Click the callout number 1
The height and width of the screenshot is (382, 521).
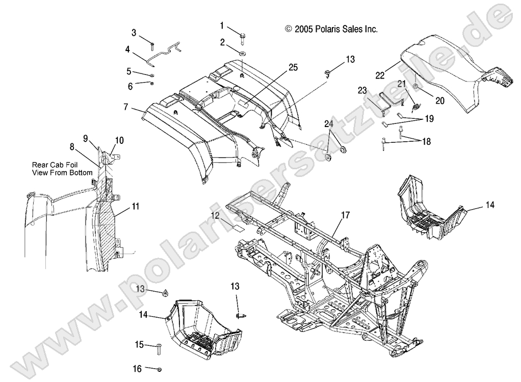pyautogui.click(x=222, y=25)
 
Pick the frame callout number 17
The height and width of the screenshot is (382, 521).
pyautogui.click(x=345, y=215)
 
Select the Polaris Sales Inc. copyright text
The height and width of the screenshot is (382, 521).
pyautogui.click(x=331, y=30)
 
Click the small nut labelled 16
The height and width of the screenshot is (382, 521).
pyautogui.click(x=160, y=369)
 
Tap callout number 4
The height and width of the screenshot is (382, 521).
pyautogui.click(x=127, y=49)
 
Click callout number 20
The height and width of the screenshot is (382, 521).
pyautogui.click(x=439, y=100)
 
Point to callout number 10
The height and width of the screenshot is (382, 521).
pyautogui.click(x=119, y=140)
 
